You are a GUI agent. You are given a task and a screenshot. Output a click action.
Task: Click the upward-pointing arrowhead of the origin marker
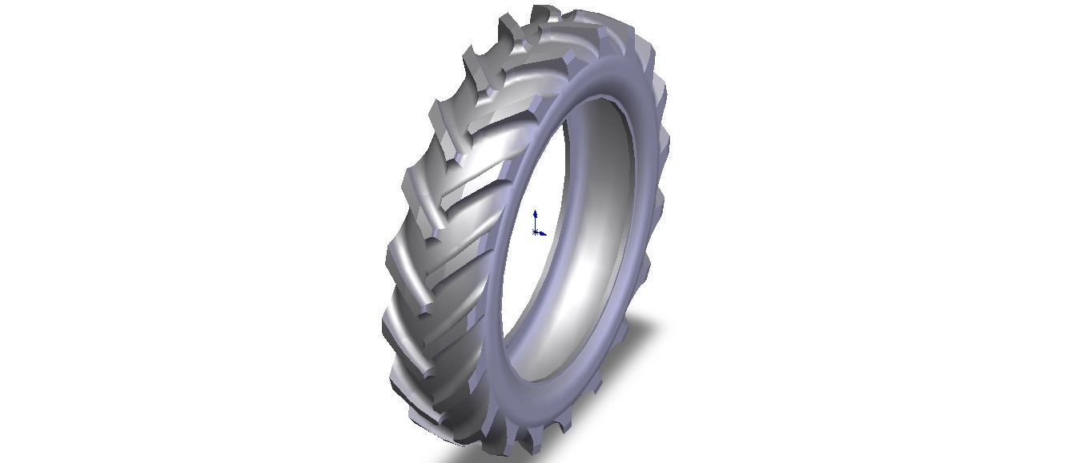click(x=535, y=214)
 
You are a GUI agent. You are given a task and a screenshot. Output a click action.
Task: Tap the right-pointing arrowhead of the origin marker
click(x=544, y=234)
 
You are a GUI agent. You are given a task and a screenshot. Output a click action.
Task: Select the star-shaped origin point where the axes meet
click(x=535, y=232)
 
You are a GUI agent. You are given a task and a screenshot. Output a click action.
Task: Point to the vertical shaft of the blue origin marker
click(x=535, y=223)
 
